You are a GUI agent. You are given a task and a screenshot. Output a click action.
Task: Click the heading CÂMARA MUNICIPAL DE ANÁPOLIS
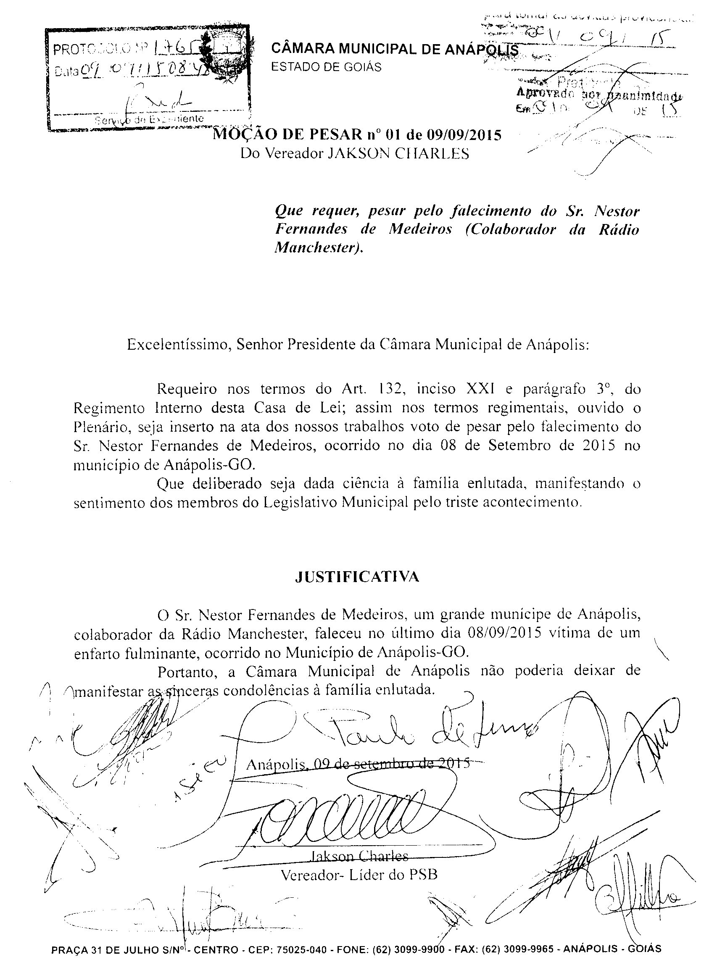(395, 50)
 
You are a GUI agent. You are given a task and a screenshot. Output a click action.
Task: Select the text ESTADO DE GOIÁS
(327, 67)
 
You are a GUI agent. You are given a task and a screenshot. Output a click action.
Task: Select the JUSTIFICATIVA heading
(357, 577)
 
